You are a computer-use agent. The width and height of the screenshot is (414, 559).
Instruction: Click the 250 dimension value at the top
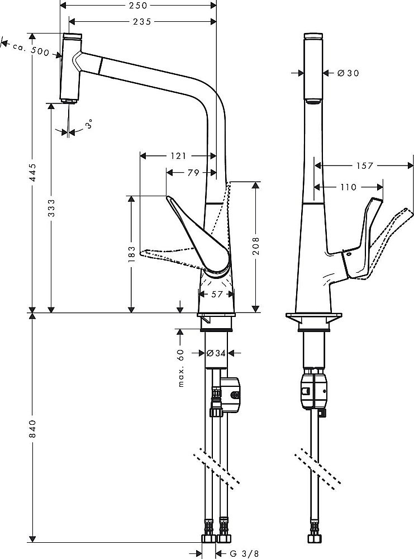(137, 6)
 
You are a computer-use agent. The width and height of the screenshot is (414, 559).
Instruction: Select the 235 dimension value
(142, 21)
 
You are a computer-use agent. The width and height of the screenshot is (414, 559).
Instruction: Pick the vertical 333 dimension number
(51, 209)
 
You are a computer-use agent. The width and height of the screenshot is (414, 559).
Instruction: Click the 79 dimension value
(193, 173)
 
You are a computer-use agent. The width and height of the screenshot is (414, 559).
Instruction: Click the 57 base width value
(216, 293)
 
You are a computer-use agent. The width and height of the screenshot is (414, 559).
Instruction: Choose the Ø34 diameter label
(216, 353)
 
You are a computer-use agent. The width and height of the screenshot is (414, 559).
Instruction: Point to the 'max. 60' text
(181, 368)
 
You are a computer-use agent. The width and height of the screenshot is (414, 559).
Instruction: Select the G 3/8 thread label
(242, 553)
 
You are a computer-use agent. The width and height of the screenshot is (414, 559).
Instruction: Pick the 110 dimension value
(349, 187)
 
